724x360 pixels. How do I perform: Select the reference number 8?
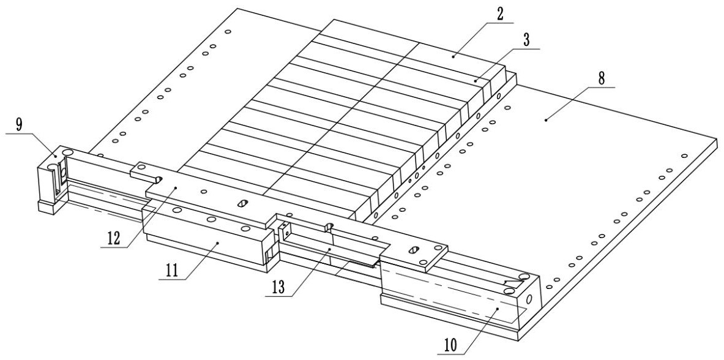[602, 79]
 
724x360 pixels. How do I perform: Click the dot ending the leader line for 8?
[546, 121]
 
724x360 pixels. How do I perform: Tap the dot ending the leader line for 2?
[453, 56]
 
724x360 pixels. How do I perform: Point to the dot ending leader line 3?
[476, 80]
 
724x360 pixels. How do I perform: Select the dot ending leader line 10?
[497, 310]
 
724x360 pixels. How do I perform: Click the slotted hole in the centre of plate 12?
[243, 203]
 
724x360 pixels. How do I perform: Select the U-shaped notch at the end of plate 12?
[157, 179]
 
